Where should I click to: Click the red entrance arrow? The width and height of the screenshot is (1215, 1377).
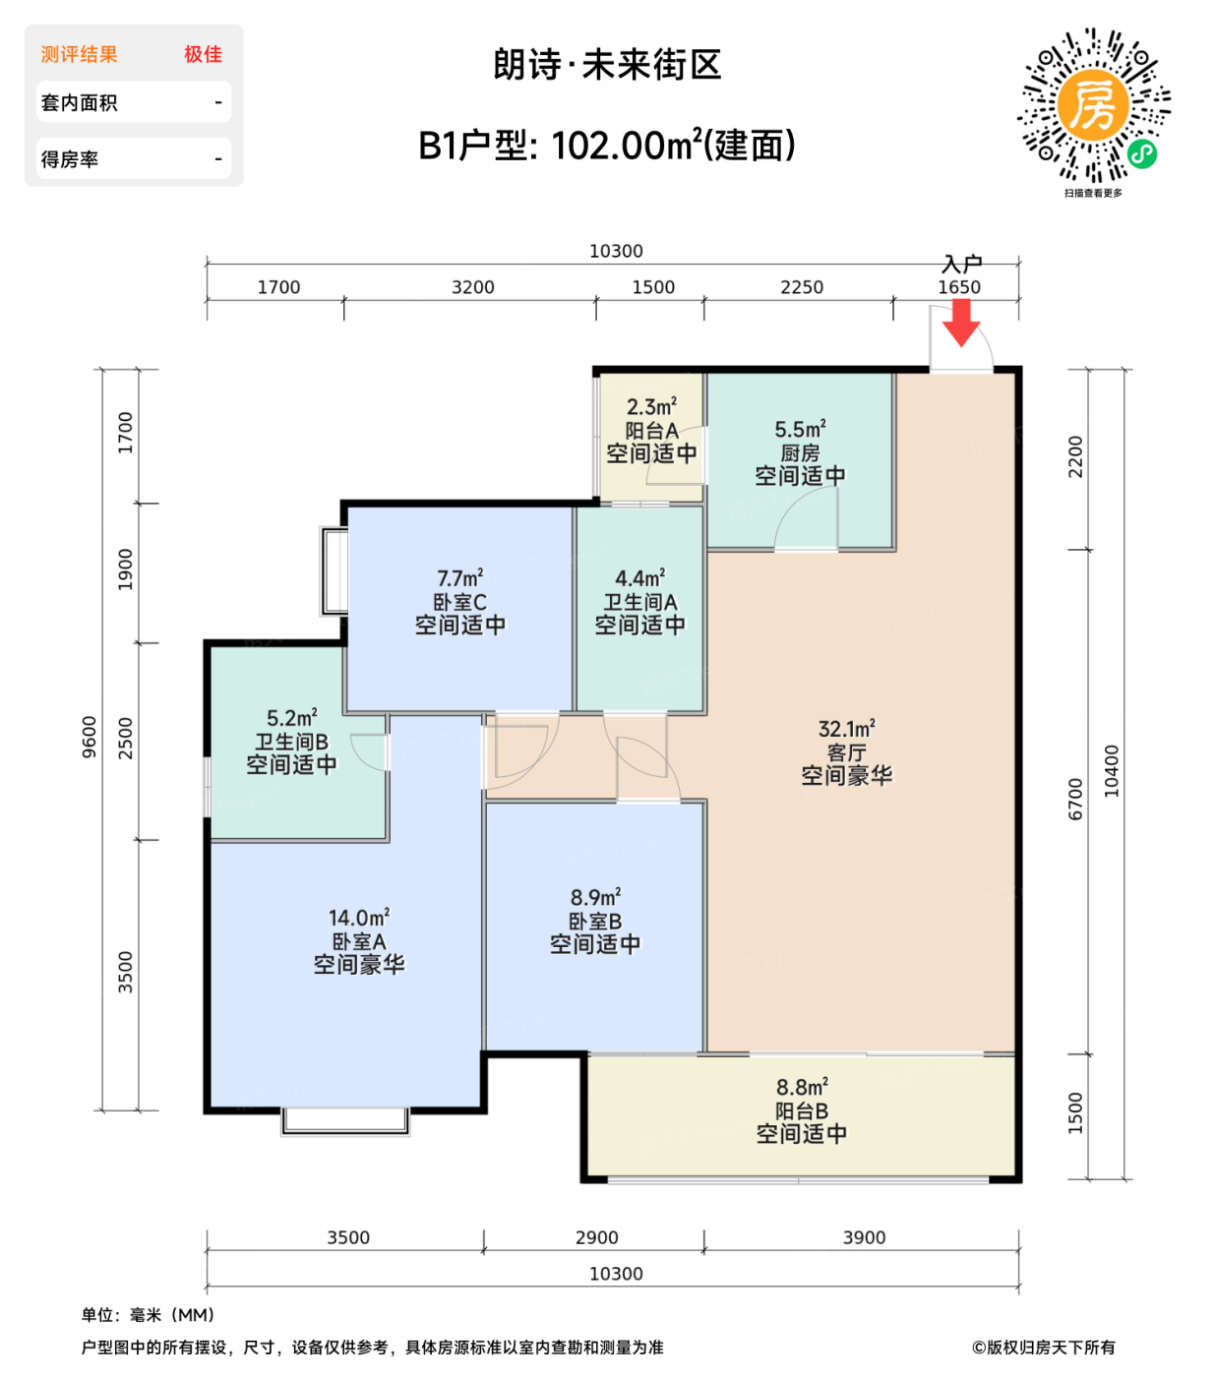pos(961,323)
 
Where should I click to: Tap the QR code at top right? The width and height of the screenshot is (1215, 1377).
pos(1093,105)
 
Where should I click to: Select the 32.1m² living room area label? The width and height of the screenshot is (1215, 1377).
pos(846,729)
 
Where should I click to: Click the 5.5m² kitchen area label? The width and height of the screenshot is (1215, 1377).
pos(800,430)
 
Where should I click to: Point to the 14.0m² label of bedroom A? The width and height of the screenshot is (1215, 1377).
pos(359,918)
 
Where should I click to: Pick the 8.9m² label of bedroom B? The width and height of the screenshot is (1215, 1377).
pos(595,898)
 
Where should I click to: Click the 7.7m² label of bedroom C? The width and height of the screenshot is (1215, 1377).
pos(459,578)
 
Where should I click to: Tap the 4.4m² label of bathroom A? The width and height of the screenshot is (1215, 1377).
pos(639,578)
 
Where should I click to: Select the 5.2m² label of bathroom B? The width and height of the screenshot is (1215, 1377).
pos(291,719)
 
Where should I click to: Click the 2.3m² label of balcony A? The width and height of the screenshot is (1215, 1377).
pos(651,407)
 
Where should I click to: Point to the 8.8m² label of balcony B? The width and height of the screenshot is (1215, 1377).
pos(802,1087)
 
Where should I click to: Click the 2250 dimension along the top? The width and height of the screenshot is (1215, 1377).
pos(802,287)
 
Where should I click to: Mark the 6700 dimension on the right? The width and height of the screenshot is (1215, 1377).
pos(1075,799)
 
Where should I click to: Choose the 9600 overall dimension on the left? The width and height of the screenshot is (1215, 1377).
pos(90,737)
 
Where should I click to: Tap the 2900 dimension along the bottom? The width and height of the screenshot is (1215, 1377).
pos(596,1237)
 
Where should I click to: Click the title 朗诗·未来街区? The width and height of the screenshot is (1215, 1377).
pos(607,65)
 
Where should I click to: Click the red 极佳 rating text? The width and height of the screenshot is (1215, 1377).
pos(203,54)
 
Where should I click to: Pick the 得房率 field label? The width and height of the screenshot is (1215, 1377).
pos(70,159)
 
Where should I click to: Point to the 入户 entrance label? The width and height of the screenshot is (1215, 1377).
pos(961,264)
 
